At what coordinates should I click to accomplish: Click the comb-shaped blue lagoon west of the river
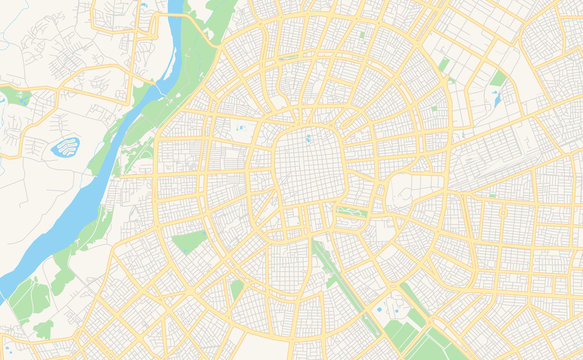65,148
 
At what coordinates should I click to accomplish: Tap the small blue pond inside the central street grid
308,138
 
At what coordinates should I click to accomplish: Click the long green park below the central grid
350,212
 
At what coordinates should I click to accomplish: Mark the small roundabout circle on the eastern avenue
491,194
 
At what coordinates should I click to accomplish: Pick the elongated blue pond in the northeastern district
496,98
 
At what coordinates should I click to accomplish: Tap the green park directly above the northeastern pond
498,78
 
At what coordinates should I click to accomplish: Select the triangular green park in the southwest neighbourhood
187,241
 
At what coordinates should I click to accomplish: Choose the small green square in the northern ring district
362,35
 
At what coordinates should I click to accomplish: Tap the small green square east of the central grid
433,107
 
